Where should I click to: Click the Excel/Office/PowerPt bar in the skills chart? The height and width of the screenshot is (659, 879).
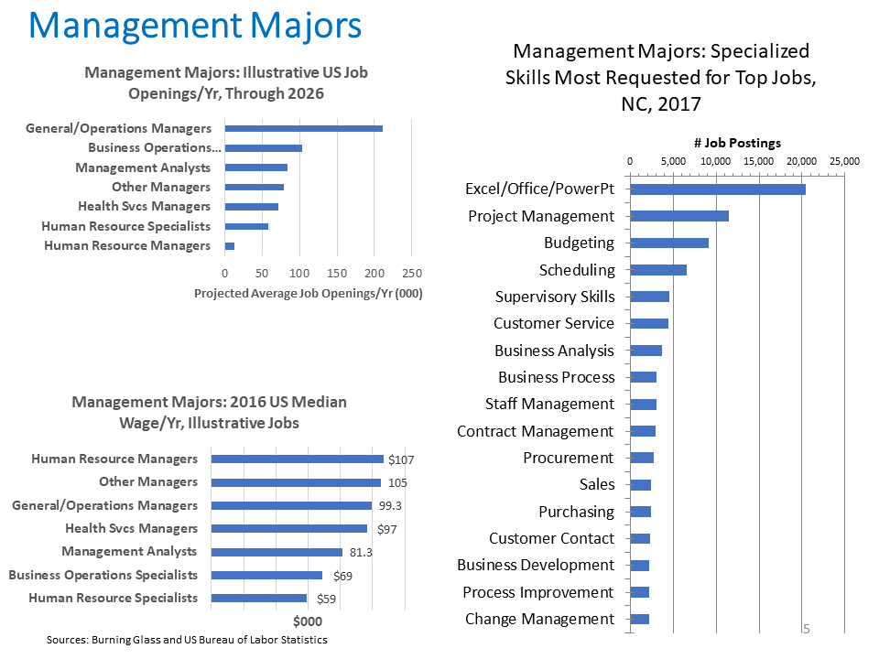(x=717, y=189)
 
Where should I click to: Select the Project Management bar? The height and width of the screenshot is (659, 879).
(x=678, y=216)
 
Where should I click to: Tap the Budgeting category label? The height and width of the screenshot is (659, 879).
(x=579, y=243)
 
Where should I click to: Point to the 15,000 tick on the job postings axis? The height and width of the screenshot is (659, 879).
(x=759, y=161)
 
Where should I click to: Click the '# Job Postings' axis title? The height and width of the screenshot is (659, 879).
(x=736, y=143)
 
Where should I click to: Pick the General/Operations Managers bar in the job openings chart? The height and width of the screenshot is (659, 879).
(x=303, y=128)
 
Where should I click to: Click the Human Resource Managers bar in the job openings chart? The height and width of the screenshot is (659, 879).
(x=229, y=245)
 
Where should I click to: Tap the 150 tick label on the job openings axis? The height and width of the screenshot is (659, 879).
(x=337, y=273)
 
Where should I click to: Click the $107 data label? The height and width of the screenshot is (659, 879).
(x=402, y=459)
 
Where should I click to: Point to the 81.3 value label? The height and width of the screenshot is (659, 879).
(x=359, y=552)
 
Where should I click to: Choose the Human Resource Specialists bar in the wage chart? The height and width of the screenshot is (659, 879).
(x=258, y=599)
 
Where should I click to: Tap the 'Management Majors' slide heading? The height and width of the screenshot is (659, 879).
(x=195, y=26)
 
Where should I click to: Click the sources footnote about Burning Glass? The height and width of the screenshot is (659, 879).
(x=187, y=640)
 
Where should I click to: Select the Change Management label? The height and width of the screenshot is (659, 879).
(x=539, y=619)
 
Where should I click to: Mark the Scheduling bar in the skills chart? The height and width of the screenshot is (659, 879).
(x=657, y=270)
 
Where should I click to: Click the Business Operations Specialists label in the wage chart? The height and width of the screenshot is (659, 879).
(x=103, y=575)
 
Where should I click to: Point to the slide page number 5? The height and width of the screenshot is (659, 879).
(x=807, y=629)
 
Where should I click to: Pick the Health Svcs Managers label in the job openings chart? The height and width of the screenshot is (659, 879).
(x=144, y=206)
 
